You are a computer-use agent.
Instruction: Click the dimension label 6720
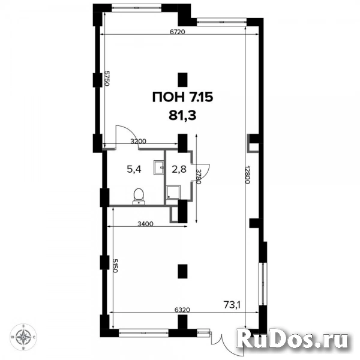pyautogui.click(x=177, y=32)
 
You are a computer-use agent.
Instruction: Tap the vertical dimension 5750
pyautogui.click(x=106, y=78)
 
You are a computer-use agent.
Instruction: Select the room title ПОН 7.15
pyautogui.click(x=183, y=97)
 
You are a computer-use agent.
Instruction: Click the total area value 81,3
pyautogui.click(x=182, y=116)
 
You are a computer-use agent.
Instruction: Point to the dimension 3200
pyautogui.click(x=138, y=141)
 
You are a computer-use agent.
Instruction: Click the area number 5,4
pyautogui.click(x=134, y=169)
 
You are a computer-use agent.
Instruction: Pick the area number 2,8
pyautogui.click(x=179, y=169)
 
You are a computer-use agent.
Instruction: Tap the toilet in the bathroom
pyautogui.click(x=139, y=196)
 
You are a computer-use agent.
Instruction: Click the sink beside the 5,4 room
pyautogui.click(x=158, y=167)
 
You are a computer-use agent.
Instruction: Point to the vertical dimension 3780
pyautogui.click(x=199, y=176)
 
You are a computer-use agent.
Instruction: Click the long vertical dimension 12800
pyautogui.click(x=247, y=175)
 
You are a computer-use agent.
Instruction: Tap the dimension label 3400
pyautogui.click(x=145, y=224)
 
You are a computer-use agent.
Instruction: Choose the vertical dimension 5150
pyautogui.click(x=115, y=266)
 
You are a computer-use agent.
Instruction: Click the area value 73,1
pyautogui.click(x=232, y=305)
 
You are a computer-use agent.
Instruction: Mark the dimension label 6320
pyautogui.click(x=182, y=310)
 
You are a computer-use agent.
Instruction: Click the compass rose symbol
pyautogui.click(x=23, y=337)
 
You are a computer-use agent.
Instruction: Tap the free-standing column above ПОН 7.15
pyautogui.click(x=183, y=80)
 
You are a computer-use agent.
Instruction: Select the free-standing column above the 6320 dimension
pyautogui.click(x=183, y=271)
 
